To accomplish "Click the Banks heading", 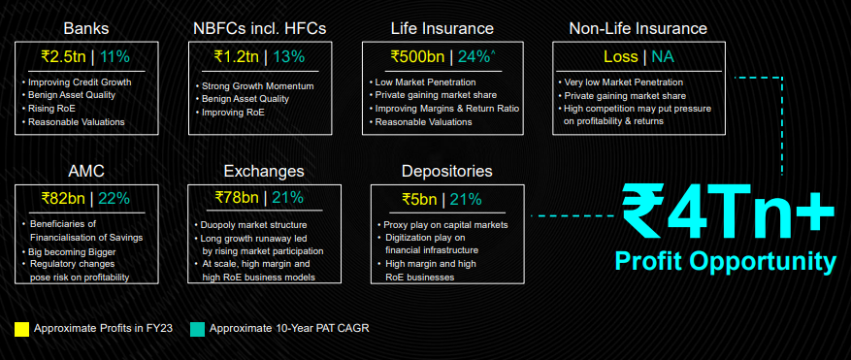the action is pyautogui.click(x=86, y=28).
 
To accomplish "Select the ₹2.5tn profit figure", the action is pyautogui.click(x=66, y=56).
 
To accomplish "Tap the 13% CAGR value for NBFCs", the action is pyautogui.click(x=288, y=56).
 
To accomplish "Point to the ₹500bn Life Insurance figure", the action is pyautogui.click(x=418, y=56).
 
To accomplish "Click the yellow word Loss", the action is pyautogui.click(x=620, y=56).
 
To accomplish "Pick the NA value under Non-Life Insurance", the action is pyautogui.click(x=663, y=56).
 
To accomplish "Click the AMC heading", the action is pyautogui.click(x=86, y=172).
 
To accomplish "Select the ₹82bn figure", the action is pyautogui.click(x=63, y=199).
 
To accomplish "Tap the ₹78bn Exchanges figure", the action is pyautogui.click(x=237, y=198).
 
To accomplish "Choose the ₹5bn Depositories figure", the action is pyautogui.click(x=419, y=199).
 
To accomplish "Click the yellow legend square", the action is pyautogui.click(x=21, y=329).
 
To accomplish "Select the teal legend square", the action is pyautogui.click(x=198, y=329).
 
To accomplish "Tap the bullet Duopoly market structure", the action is pyautogui.click(x=250, y=225).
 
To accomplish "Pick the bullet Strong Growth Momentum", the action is pyautogui.click(x=254, y=85).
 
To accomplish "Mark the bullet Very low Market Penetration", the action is pyautogui.click(x=620, y=82).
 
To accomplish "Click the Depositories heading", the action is pyautogui.click(x=447, y=172).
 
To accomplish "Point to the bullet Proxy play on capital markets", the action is pyautogui.click(x=442, y=225).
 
